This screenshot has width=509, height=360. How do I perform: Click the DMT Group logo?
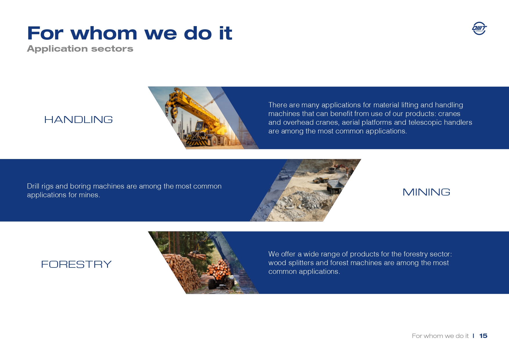tap(479, 28)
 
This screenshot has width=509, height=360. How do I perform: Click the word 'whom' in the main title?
tap(104, 33)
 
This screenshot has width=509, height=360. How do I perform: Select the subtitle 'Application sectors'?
tap(80, 49)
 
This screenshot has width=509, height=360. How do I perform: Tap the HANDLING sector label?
tap(78, 120)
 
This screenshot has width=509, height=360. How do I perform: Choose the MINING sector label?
tap(426, 192)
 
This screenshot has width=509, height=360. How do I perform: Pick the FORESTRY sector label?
tap(76, 264)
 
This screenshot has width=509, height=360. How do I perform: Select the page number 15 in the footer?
tap(483, 336)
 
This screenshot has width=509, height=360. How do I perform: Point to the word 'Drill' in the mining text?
tap(33, 186)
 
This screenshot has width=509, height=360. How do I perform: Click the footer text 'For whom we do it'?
tap(440, 336)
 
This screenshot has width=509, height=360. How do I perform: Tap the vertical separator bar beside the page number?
tap(473, 336)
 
